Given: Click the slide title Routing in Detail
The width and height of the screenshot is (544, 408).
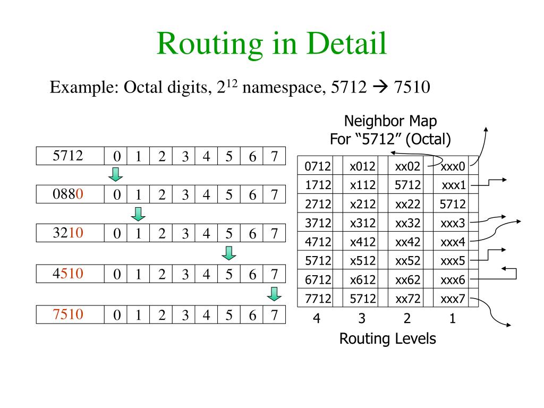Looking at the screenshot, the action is [x=271, y=44].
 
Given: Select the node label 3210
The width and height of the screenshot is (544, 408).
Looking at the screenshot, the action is [x=68, y=233].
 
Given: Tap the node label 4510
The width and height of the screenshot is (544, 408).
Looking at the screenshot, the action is [x=68, y=274].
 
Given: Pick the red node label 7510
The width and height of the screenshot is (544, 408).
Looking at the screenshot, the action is [x=68, y=314].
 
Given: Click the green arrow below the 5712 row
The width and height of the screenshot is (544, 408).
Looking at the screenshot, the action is [x=116, y=174].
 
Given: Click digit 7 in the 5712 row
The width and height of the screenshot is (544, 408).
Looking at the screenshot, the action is [x=274, y=156].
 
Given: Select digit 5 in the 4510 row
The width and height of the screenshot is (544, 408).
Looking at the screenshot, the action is [x=229, y=274].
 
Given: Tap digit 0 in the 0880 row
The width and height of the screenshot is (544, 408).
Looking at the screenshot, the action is [x=116, y=195].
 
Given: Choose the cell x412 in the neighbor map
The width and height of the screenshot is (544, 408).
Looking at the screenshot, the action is [x=363, y=242].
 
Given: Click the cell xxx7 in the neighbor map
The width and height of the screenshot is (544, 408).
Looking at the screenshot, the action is [x=453, y=299].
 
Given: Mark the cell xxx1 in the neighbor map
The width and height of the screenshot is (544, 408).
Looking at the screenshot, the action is [x=454, y=185].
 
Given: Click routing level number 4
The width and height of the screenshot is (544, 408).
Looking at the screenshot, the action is [x=317, y=319].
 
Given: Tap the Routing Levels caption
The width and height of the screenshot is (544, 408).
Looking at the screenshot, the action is [x=387, y=338].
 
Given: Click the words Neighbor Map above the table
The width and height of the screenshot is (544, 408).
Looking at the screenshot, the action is [x=390, y=121].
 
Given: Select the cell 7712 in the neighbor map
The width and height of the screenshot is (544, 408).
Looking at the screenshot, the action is [x=318, y=299].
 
